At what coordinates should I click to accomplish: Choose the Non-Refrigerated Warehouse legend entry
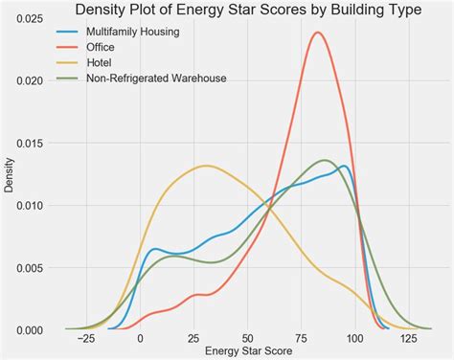point(156,78)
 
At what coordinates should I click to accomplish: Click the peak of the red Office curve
point(317,33)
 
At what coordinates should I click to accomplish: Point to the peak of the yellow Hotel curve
point(206,166)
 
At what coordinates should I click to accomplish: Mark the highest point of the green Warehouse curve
point(325,160)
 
